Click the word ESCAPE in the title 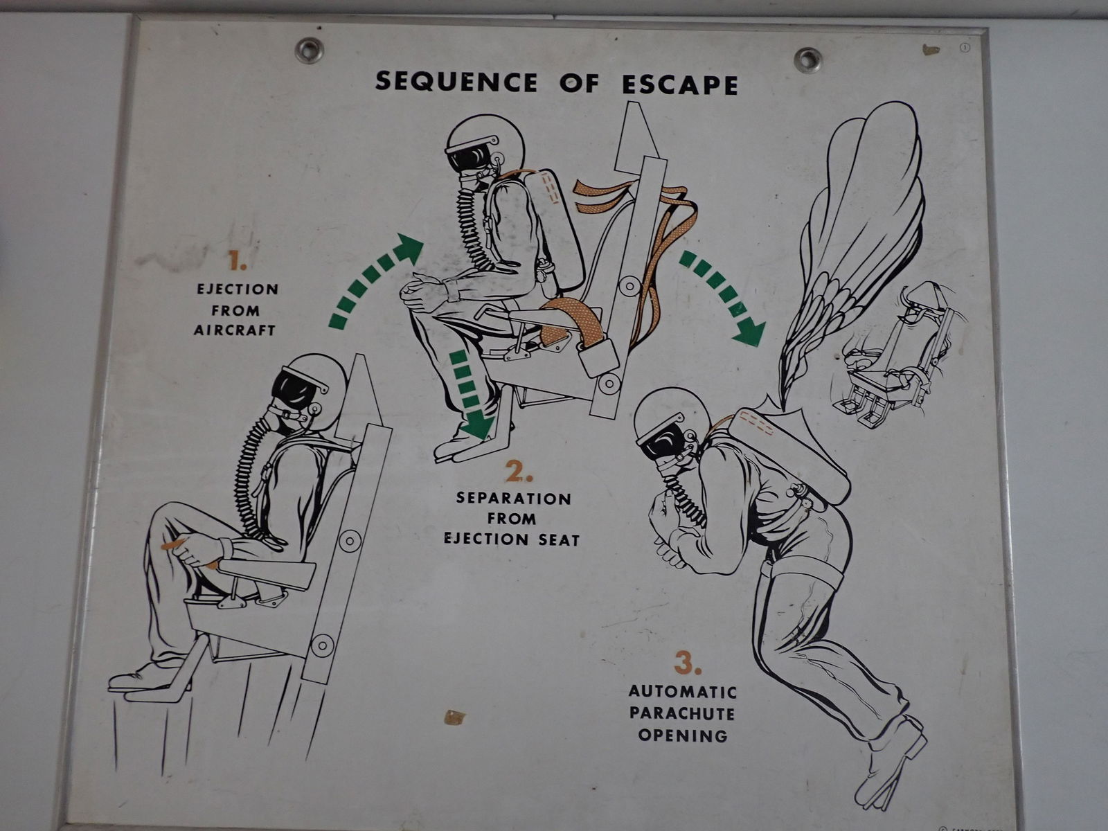click(x=679, y=84)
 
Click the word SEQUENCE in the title click(x=456, y=82)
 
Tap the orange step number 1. click(x=238, y=262)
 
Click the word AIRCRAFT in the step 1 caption click(x=234, y=330)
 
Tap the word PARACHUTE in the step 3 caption click(x=681, y=713)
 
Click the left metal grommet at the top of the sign click(x=309, y=50)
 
